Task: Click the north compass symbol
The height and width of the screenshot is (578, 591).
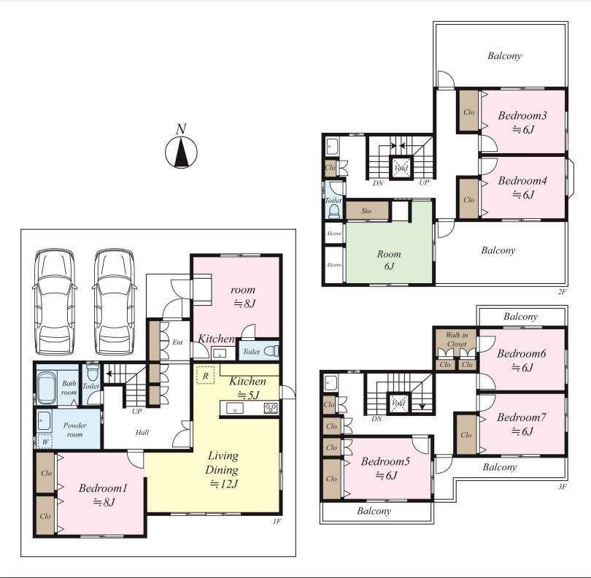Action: [181, 152]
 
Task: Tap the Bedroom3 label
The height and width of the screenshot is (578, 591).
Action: [522, 115]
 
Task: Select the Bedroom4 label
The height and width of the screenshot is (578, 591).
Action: [522, 180]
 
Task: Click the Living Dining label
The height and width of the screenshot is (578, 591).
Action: [223, 463]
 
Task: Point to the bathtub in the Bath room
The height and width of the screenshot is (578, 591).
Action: [47, 388]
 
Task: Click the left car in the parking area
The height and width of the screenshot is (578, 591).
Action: [55, 301]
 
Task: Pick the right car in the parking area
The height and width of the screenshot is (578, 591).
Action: [114, 301]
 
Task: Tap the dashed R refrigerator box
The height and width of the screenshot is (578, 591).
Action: [206, 376]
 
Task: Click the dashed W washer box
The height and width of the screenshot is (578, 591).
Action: [45, 442]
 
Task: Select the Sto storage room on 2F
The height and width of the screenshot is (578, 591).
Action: [367, 211]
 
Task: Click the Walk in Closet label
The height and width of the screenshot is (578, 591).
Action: [457, 339]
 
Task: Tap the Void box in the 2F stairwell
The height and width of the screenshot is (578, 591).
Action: [401, 167]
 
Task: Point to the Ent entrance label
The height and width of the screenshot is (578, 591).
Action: [177, 342]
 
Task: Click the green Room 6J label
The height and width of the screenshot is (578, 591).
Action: [389, 260]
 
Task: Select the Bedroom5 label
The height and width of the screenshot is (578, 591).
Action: [385, 461]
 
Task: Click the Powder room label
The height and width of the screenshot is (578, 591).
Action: [74, 430]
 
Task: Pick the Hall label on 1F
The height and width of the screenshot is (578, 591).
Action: [142, 433]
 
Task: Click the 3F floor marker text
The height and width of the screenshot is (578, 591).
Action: [563, 486]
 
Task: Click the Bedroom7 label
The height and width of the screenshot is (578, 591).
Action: [521, 417]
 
